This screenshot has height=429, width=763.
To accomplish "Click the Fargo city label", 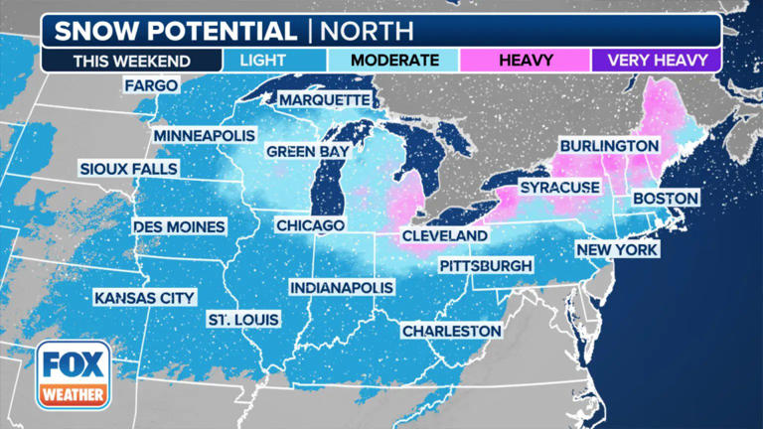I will pos(151,85).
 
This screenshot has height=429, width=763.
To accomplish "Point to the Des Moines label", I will pos(179,226).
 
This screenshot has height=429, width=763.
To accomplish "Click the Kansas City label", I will pos(145,297).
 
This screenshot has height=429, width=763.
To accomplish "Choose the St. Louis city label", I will pos(242,319).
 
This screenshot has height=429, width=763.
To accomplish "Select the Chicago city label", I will pos(310,225).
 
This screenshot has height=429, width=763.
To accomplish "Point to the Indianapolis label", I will pos(342,287).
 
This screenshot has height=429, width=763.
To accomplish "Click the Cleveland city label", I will pos(444,235).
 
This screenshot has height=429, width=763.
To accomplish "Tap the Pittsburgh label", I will pos(486,266).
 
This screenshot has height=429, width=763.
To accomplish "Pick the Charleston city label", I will pos(451,330).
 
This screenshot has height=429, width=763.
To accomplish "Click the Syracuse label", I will pos(558,187).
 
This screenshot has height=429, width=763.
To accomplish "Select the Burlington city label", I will pos(608,146).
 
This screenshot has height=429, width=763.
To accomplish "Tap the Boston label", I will pos(665,199).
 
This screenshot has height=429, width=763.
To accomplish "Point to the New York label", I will pos(616,249).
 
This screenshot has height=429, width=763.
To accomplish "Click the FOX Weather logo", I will pos(74,374).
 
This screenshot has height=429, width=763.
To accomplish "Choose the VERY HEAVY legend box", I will pos(656,60).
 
